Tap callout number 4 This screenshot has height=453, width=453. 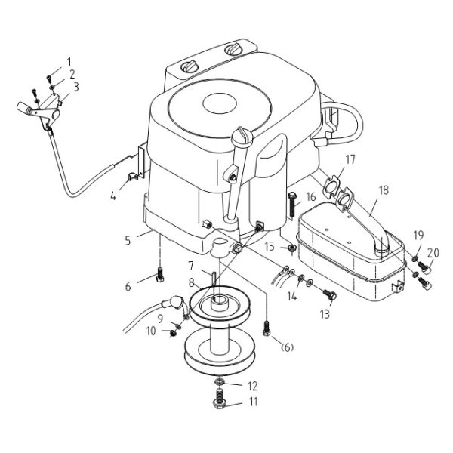112,196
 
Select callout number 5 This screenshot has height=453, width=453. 128,240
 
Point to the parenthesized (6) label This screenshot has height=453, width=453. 287,347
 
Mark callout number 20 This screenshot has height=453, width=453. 432,252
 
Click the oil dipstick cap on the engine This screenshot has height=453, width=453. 242,135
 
